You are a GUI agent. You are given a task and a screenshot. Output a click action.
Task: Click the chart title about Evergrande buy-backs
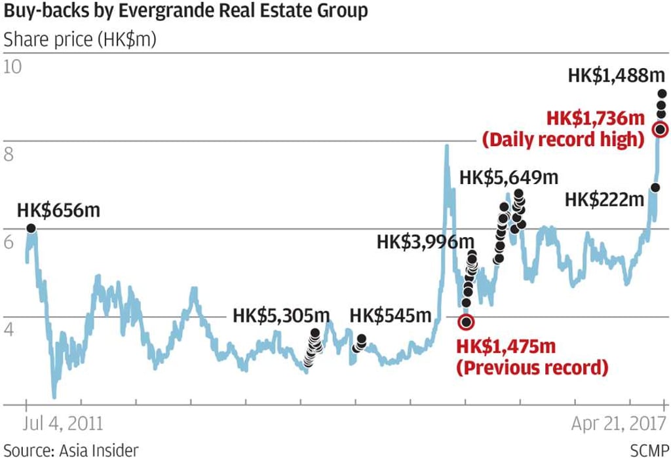pos(185,11)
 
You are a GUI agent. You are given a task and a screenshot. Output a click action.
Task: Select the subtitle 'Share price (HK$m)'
pos(80,39)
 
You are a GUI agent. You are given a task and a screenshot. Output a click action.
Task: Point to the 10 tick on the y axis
pos(13,67)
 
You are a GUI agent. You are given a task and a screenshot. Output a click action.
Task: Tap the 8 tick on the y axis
pos(9,155)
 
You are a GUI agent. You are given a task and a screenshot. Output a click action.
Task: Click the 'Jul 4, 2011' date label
pos(64,424)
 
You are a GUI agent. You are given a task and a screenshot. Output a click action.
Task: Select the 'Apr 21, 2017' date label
pos(619,424)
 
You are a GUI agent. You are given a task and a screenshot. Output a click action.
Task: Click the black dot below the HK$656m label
pos(31,229)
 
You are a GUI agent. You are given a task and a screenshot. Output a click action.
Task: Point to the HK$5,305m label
pos(281,316)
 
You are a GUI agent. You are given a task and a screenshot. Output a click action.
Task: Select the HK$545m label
pos(391,316)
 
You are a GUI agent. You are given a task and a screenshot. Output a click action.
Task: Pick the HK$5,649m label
pos(508,177)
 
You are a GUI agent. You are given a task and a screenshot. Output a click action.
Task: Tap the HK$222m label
pos(604,199)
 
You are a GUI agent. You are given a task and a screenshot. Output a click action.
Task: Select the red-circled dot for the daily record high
pos(661,129)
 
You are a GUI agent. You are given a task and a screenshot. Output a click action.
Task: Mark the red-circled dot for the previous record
pos(466,321)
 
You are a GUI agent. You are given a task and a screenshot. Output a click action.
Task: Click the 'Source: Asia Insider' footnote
pos(71,450)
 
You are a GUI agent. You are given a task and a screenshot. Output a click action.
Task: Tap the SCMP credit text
pos(649,450)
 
